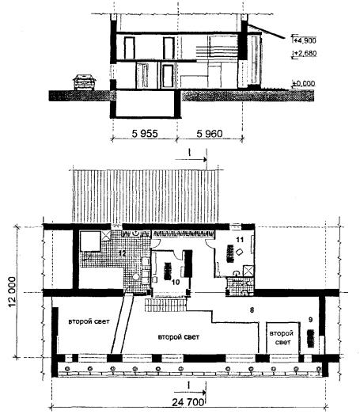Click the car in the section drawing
click(84, 82)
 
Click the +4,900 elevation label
click(305, 40)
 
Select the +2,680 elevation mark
click(305, 54)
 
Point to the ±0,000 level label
click(304, 84)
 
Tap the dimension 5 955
click(145, 134)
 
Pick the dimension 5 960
click(210, 134)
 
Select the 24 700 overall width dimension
click(188, 402)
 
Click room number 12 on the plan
click(122, 253)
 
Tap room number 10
click(175, 283)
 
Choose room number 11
click(240, 240)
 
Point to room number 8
click(252, 310)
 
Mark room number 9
click(310, 320)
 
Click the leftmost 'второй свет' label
click(89, 321)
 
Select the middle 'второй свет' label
click(178, 337)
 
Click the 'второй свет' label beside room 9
click(282, 338)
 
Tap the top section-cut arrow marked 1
click(191, 159)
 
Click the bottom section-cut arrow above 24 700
click(191, 392)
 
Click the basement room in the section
click(145, 103)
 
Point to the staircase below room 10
click(165, 305)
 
